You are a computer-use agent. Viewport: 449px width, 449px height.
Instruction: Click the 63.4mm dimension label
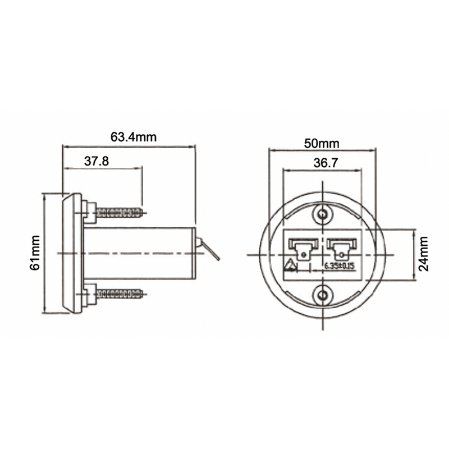tap(133, 136)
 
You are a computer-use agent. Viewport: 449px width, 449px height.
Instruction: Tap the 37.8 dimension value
tap(97, 161)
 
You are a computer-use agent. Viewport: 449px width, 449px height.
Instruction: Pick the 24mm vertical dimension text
tap(424, 253)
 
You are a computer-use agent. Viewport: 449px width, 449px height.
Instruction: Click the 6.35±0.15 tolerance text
tap(340, 267)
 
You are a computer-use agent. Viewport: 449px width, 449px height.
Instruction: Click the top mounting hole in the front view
tap(323, 214)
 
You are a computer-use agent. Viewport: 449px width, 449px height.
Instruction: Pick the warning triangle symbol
tap(291, 266)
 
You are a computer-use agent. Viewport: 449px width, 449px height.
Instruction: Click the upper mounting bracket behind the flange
tap(85, 210)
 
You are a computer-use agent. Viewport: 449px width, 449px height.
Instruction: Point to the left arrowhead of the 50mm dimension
tap(272, 150)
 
